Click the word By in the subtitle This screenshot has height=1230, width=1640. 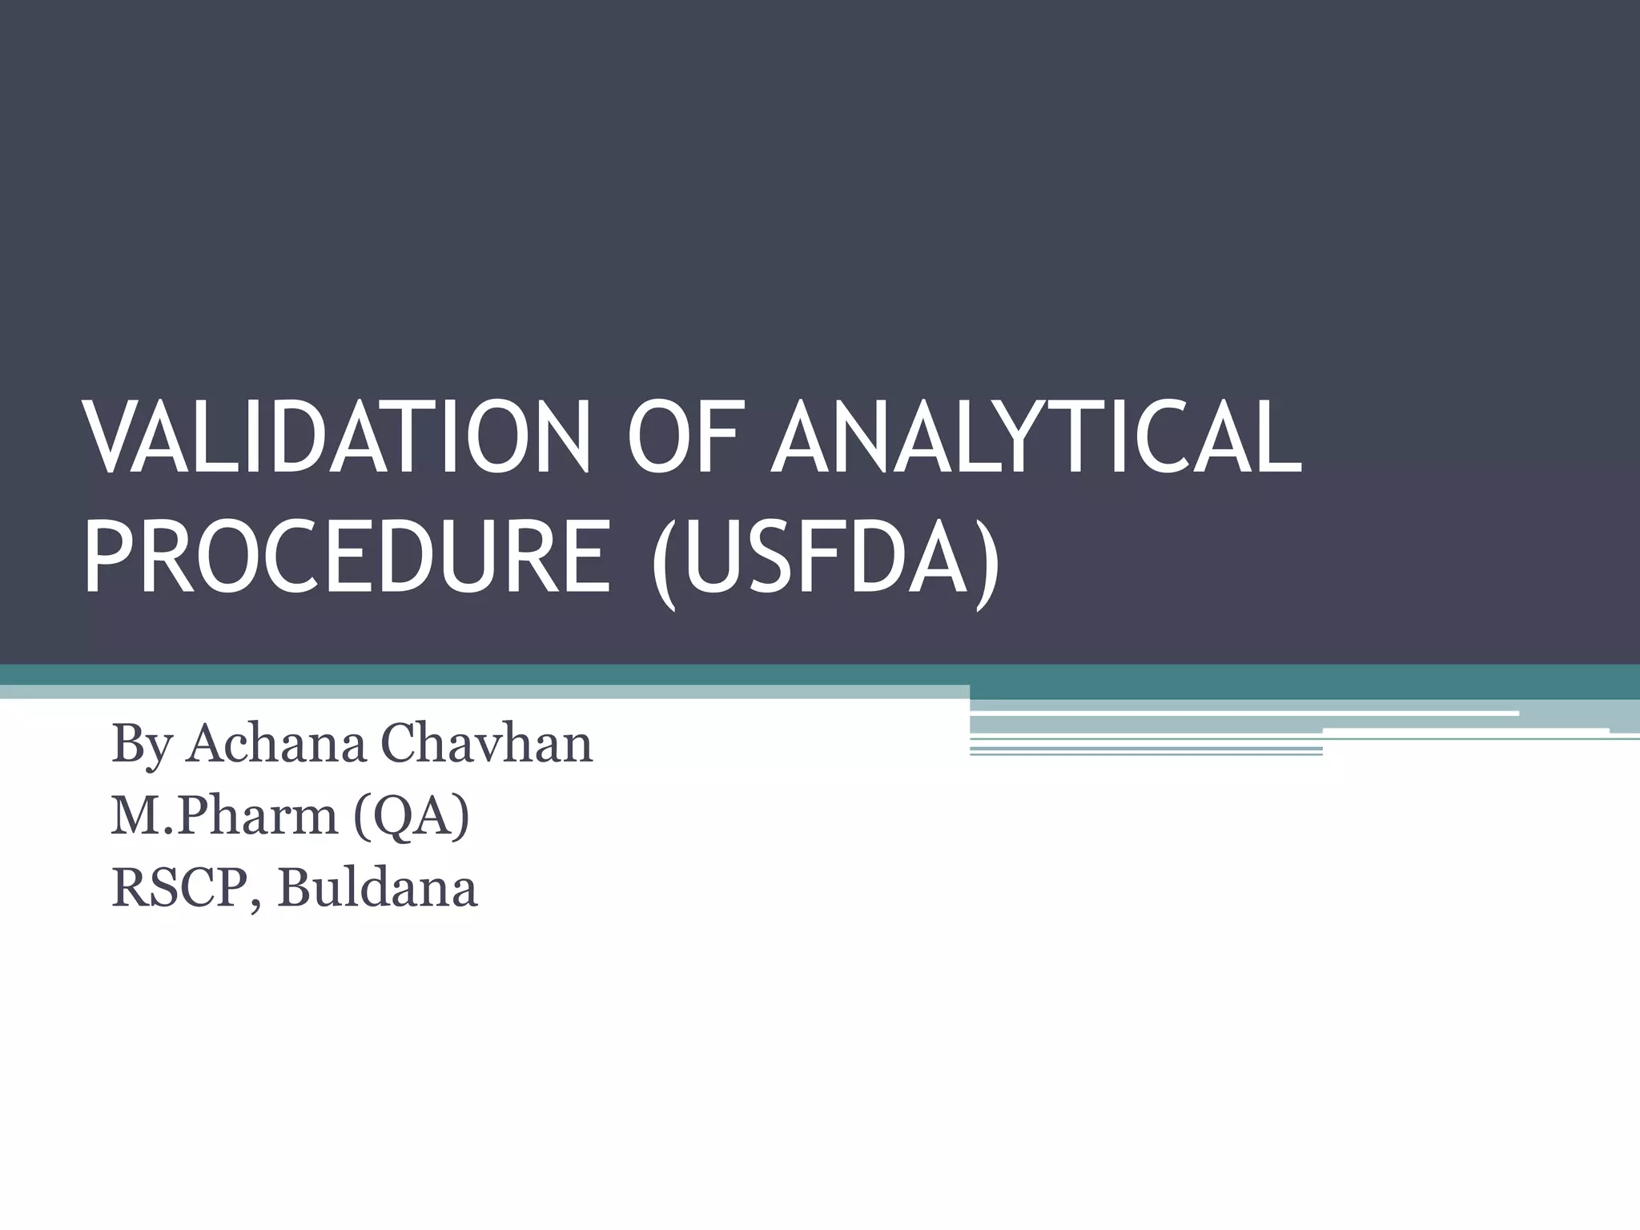pos(141,744)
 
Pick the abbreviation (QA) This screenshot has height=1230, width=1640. pos(410,816)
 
